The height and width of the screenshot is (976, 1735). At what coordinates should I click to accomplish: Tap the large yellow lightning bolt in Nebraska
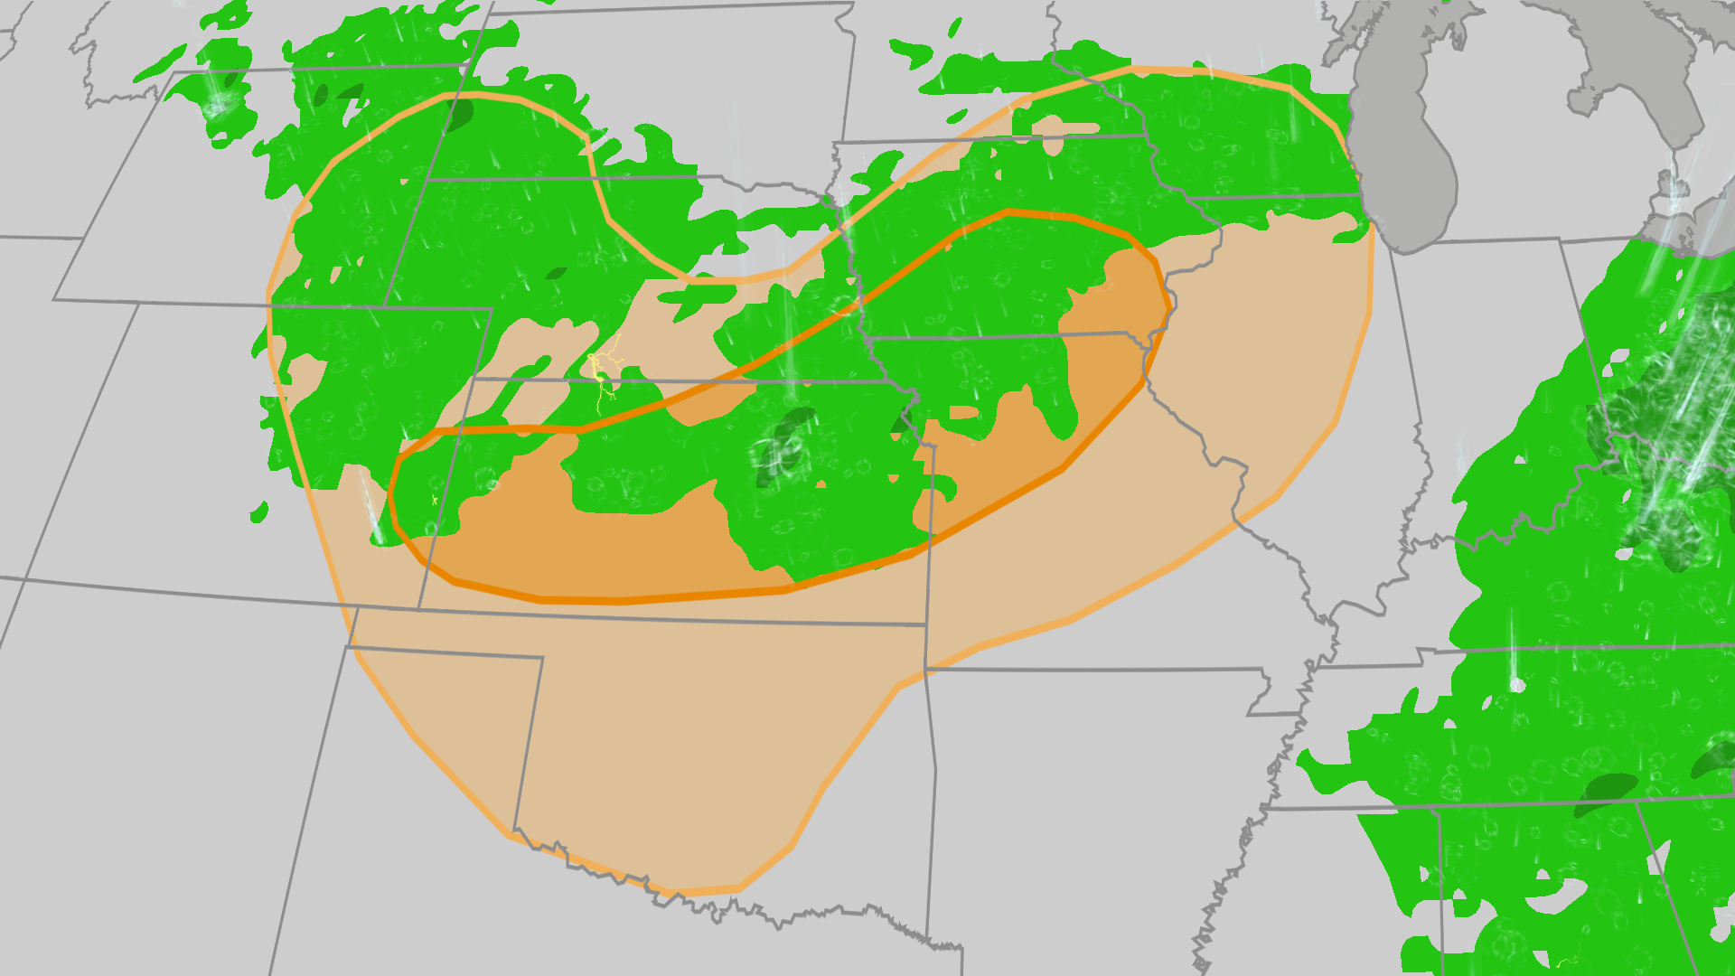tap(600, 371)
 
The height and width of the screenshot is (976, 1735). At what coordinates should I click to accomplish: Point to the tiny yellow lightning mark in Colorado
tap(435, 500)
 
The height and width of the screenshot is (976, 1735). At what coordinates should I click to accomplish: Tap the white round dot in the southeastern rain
tap(1517, 685)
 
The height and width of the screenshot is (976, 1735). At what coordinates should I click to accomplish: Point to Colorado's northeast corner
tap(492, 310)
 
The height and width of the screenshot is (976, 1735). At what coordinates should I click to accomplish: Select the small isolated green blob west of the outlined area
tap(259, 512)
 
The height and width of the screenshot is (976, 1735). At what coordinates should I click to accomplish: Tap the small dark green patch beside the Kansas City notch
tap(902, 421)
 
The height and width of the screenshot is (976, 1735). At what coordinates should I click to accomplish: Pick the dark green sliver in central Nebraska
tap(556, 273)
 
